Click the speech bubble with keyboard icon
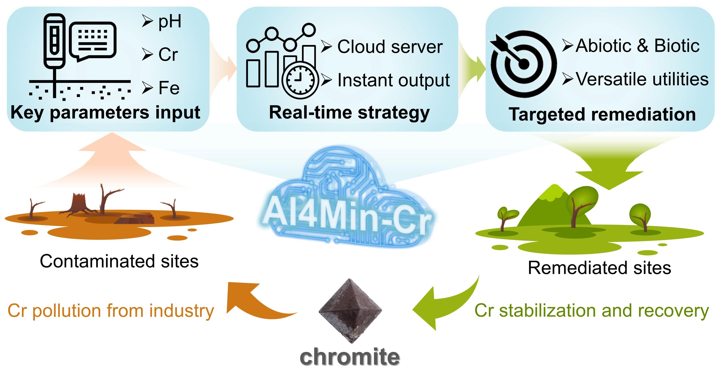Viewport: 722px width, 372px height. coord(93,41)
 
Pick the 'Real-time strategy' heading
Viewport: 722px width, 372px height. coord(349,112)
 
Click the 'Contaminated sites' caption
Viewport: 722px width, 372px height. coord(119,261)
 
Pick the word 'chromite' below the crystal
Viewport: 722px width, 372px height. coord(350,357)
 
